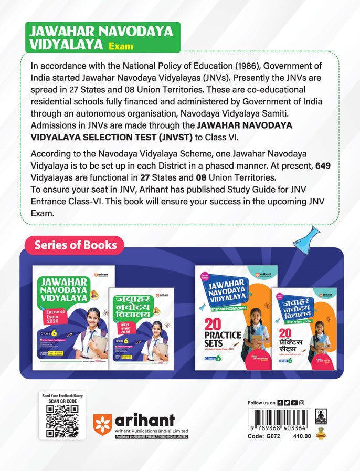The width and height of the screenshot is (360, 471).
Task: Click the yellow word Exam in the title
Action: [120, 46]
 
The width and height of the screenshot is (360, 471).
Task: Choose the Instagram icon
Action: [301, 402]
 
